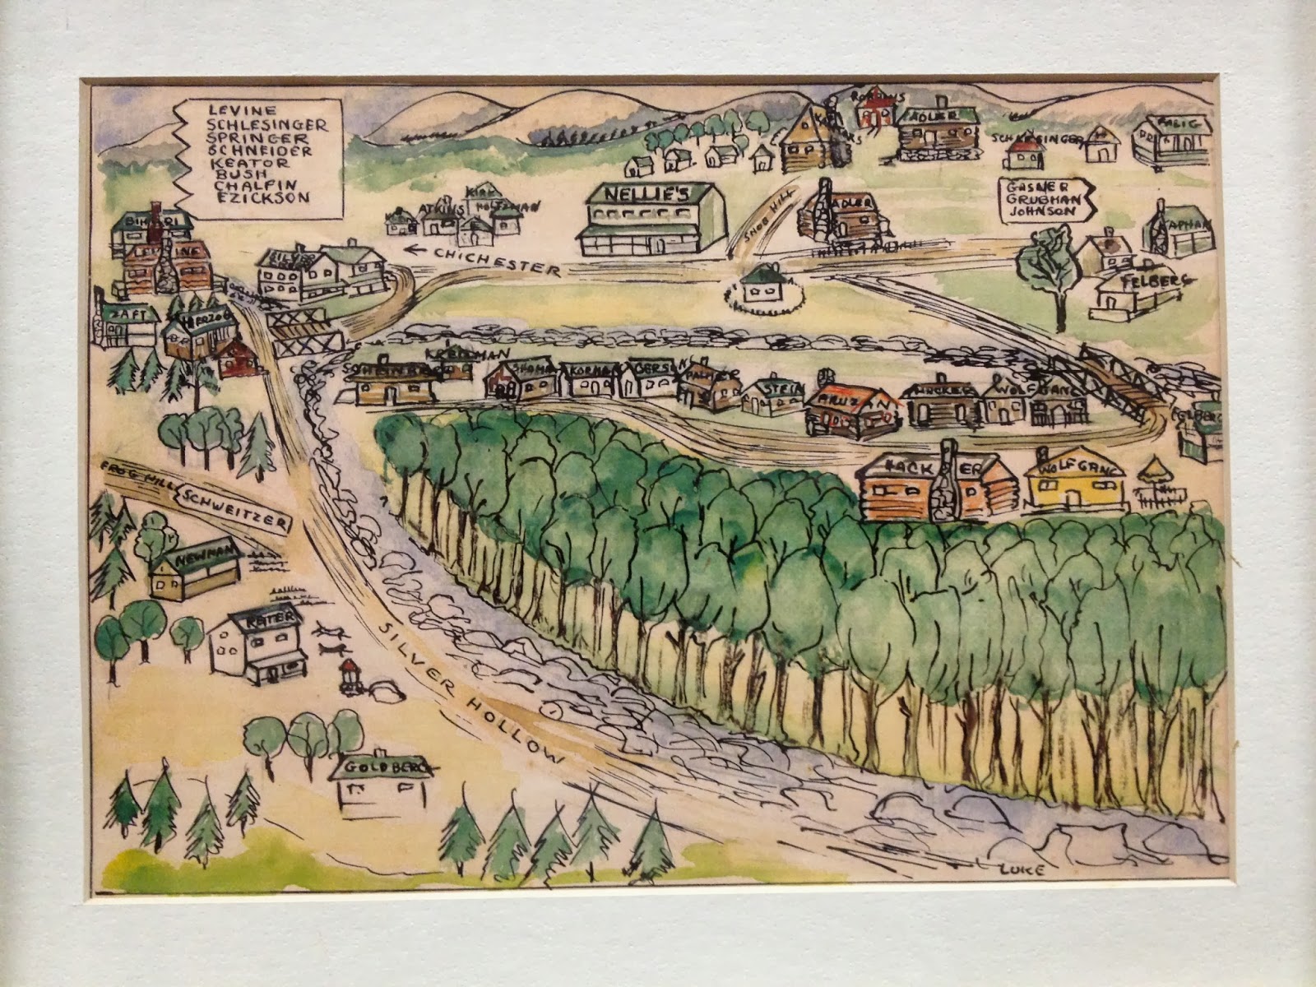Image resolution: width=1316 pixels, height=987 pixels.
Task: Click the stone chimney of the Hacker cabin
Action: point(948,485)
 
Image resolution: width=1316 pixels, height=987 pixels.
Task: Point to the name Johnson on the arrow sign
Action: point(1040,211)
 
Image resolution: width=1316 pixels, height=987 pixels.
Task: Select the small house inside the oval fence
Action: point(761,286)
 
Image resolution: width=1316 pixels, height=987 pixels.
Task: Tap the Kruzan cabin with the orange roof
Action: point(850,408)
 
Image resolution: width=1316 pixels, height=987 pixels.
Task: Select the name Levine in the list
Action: point(234,109)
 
